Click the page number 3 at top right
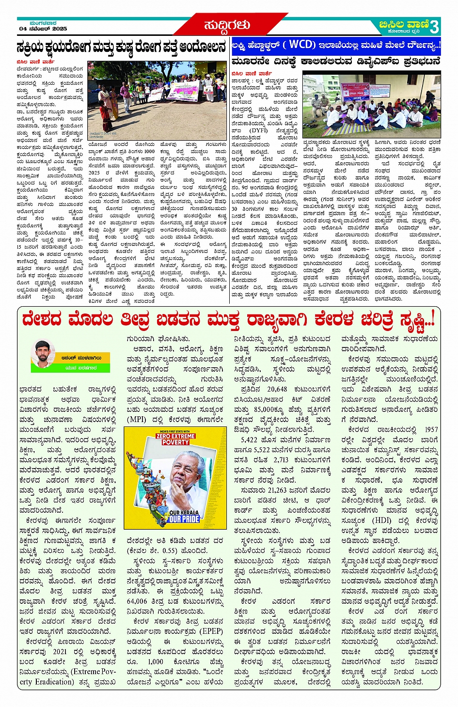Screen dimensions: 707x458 [434, 26]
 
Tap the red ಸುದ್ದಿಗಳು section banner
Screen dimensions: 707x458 [227, 25]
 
